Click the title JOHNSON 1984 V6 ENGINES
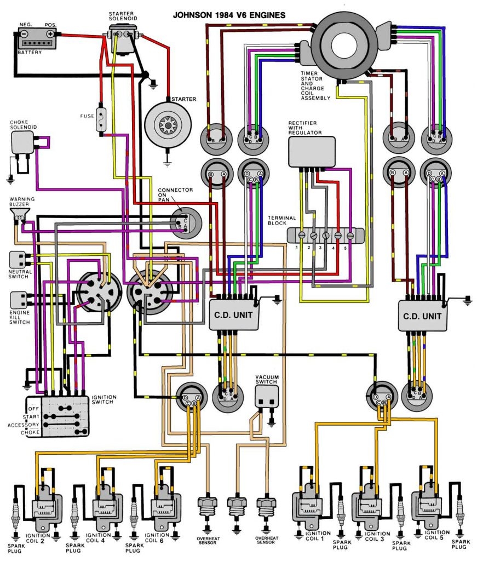(x=229, y=15)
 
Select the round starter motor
(x=166, y=125)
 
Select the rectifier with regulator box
(x=311, y=151)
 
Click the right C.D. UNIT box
(x=423, y=316)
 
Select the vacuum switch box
(x=267, y=396)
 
